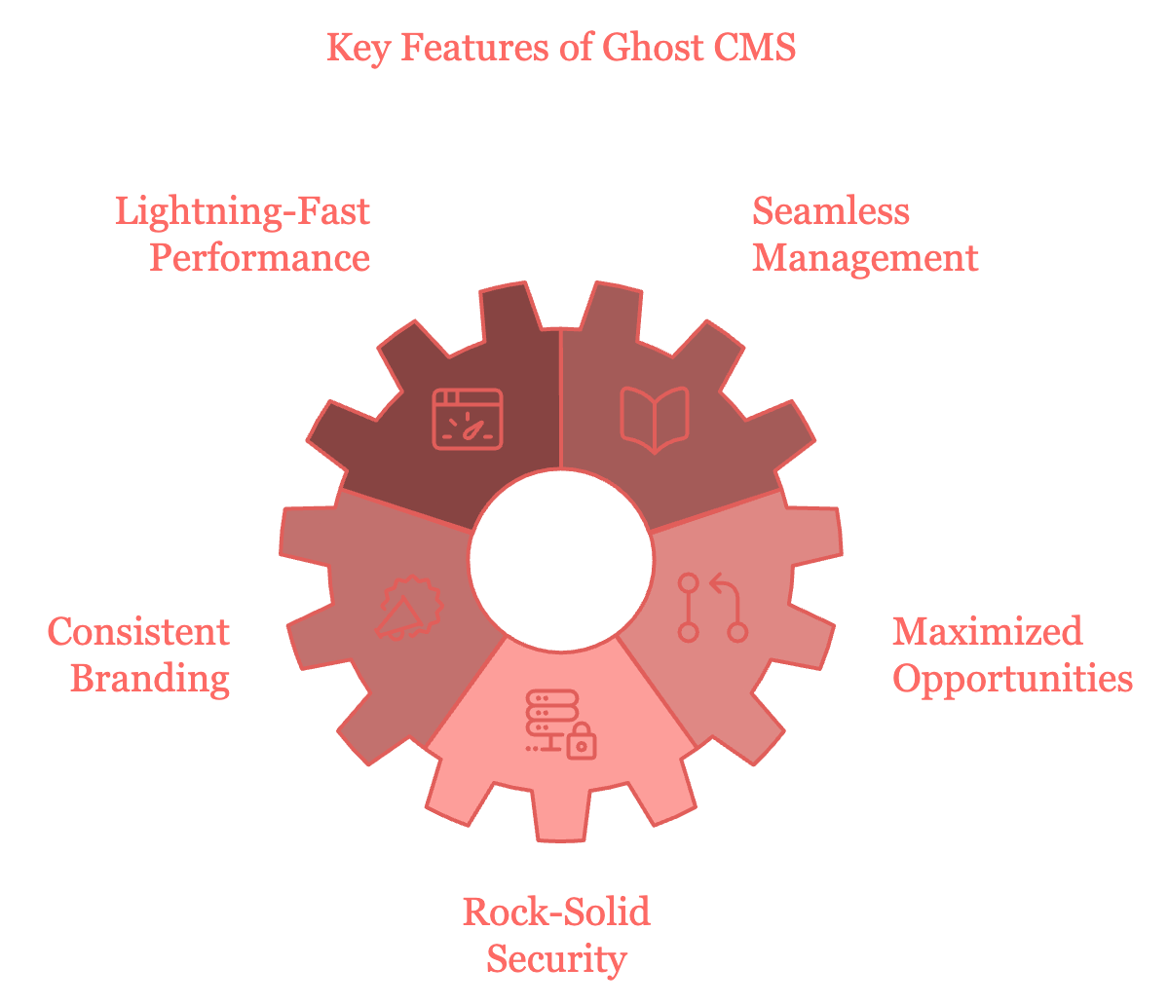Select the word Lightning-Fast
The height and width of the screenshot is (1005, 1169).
point(243,211)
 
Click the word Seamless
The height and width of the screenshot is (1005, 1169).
point(831,211)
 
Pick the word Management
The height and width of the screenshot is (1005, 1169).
point(865,258)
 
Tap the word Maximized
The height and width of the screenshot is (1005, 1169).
point(987,631)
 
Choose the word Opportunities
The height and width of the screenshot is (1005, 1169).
point(1013,678)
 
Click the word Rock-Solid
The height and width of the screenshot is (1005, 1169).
point(556,912)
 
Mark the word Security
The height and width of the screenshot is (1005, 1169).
point(556,959)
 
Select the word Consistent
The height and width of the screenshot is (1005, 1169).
point(138,631)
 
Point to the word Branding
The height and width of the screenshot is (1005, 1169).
point(150,678)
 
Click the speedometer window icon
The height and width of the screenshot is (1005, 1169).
point(468,419)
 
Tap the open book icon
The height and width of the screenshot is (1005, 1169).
point(655,419)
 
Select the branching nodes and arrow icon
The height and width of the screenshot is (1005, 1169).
point(712,608)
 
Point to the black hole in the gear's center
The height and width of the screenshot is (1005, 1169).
point(561,558)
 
